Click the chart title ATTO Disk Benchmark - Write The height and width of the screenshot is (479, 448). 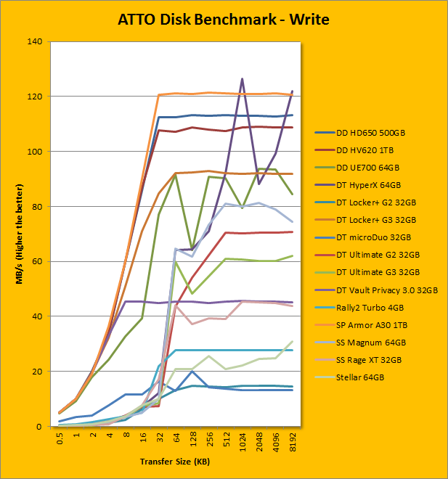[224, 19]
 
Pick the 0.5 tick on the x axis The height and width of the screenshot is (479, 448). [60, 439]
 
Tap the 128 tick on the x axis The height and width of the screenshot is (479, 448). [192, 441]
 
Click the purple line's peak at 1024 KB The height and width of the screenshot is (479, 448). [242, 78]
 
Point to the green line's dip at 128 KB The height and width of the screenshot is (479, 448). [192, 248]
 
